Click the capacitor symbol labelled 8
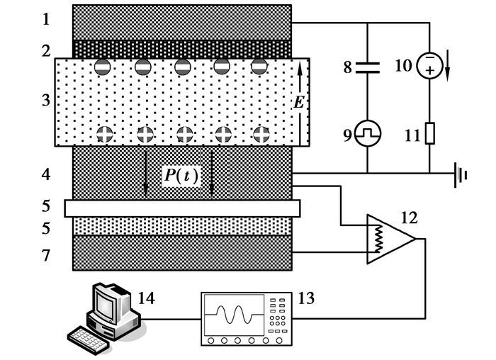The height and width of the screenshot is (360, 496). (x=367, y=67)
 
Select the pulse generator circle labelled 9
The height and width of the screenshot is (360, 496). (x=367, y=133)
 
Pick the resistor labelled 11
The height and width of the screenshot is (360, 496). (x=429, y=133)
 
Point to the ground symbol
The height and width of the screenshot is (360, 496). (x=461, y=173)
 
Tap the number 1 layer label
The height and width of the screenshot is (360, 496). (x=46, y=19)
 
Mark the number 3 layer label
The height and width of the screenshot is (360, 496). (x=46, y=100)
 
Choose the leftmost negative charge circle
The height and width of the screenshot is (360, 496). (x=103, y=67)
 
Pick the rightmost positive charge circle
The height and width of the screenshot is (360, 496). (x=261, y=133)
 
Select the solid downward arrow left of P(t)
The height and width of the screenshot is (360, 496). (x=145, y=172)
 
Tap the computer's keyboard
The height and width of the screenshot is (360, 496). (x=91, y=339)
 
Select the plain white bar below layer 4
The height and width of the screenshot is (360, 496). (x=182, y=208)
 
